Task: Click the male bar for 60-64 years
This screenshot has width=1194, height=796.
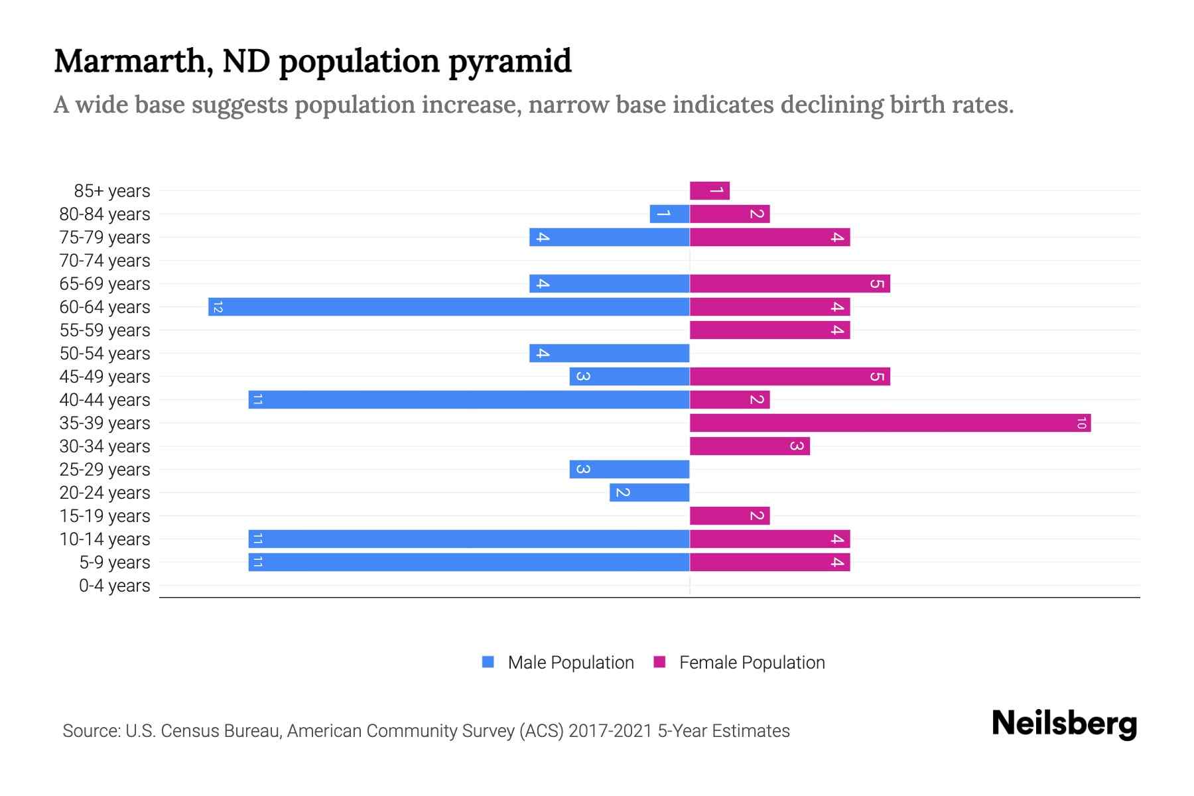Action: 449,306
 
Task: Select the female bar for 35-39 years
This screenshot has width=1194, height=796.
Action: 890,423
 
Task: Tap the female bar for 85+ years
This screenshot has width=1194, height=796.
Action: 710,190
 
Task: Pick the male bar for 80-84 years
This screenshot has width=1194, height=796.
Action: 669,214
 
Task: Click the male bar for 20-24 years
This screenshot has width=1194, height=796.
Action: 649,492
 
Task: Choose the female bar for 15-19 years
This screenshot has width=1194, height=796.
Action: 730,515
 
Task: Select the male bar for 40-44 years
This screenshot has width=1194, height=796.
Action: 469,399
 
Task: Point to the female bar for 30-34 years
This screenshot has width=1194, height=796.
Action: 750,446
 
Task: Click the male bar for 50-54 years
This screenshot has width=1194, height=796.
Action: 609,353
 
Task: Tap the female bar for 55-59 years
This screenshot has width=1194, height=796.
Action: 769,330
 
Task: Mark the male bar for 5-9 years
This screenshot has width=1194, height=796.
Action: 469,562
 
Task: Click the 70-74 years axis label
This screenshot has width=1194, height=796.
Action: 105,261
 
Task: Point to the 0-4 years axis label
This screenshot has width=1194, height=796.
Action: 114,586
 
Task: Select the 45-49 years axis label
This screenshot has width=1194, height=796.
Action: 105,377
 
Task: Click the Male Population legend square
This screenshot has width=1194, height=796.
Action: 488,662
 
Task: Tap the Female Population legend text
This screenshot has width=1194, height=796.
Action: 752,662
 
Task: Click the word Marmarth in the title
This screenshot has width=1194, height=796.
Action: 133,61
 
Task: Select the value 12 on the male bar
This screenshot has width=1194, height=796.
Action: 218,306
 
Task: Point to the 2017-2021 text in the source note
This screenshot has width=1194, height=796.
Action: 610,731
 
